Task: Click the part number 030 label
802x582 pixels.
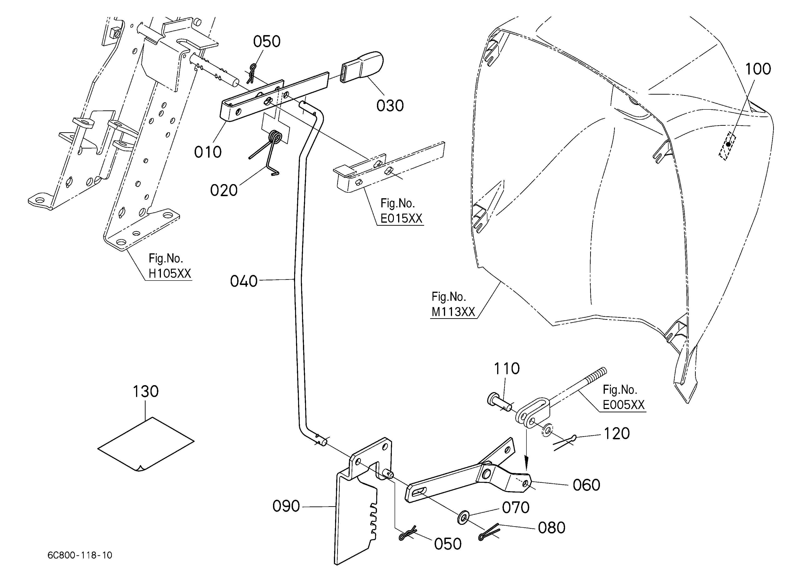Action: pos(390,106)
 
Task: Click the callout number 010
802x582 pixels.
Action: pos(208,152)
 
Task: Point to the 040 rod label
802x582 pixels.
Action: pos(244,281)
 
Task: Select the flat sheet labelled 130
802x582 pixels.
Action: pos(146,444)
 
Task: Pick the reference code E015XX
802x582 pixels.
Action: pos(401,218)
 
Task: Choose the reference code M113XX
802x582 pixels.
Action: pos(453,312)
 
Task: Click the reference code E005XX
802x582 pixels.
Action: pos(624,405)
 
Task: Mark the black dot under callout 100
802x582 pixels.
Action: pos(729,144)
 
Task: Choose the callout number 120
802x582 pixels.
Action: pos(617,433)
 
